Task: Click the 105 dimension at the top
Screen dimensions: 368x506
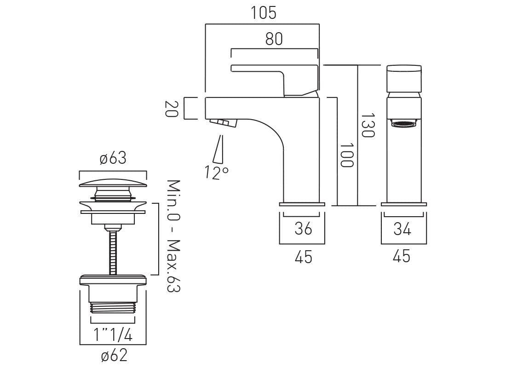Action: (x=264, y=13)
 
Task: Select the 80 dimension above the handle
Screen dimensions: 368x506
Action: (x=274, y=39)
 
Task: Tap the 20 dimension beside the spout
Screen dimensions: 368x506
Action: (x=171, y=109)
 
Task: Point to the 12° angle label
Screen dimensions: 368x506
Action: (x=217, y=172)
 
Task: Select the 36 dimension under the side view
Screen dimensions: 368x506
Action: (x=303, y=229)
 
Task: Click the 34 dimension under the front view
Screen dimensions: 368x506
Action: (x=402, y=229)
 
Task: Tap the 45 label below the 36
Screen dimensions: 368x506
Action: (x=303, y=257)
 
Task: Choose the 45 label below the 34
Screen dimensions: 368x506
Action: (x=402, y=257)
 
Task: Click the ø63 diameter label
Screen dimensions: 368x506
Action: (x=113, y=159)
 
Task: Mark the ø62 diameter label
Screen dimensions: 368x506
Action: (x=113, y=356)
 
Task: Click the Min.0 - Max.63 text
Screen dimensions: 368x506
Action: (x=173, y=236)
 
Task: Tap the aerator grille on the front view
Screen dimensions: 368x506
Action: (x=404, y=123)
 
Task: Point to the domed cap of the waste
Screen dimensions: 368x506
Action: (x=113, y=183)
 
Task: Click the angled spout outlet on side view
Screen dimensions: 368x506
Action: (x=222, y=122)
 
